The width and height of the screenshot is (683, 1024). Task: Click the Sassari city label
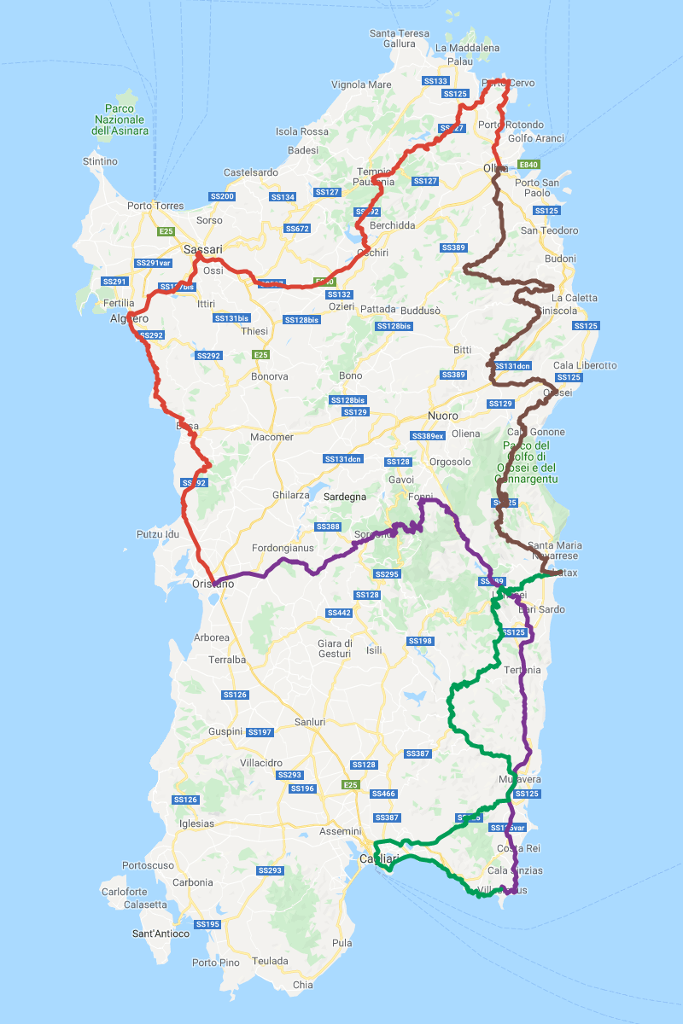click(203, 250)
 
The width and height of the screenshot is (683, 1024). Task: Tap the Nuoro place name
click(443, 416)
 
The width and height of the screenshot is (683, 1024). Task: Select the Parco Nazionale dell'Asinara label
click(121, 119)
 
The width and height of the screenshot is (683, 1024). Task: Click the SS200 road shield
click(222, 197)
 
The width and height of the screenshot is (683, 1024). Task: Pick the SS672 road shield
click(297, 229)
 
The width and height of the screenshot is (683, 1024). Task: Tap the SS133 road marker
click(435, 81)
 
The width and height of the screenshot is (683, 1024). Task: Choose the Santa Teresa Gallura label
click(400, 38)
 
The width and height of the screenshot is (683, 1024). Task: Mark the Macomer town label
click(271, 437)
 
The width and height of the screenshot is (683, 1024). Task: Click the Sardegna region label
click(345, 496)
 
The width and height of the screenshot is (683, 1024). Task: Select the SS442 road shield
click(339, 613)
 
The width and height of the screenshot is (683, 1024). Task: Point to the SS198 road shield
click(420, 641)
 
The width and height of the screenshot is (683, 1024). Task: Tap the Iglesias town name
click(197, 824)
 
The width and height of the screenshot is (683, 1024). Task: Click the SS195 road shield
click(207, 924)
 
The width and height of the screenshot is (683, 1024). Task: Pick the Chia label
click(303, 985)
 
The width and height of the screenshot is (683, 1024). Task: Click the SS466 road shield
click(385, 794)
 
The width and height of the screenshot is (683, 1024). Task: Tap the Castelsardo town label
click(250, 172)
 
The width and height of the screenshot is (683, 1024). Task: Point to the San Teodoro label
click(550, 230)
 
